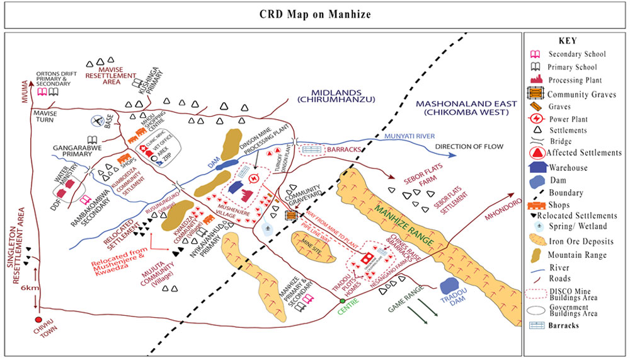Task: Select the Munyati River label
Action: click(x=409, y=136)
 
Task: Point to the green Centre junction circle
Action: click(x=342, y=301)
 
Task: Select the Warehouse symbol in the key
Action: click(x=536, y=168)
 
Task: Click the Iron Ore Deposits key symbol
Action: click(x=536, y=241)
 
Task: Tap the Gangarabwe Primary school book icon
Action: click(x=92, y=140)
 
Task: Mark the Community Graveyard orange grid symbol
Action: click(x=291, y=215)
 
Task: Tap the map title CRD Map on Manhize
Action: click(x=315, y=15)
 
